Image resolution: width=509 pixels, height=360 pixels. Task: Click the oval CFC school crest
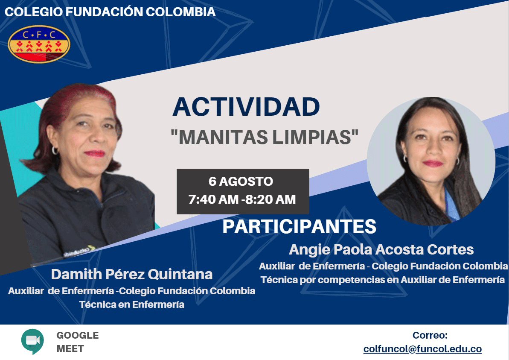(x=39, y=44)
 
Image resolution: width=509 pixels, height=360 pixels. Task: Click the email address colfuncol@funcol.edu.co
(x=422, y=349)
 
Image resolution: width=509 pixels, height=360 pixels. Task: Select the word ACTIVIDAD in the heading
(x=246, y=107)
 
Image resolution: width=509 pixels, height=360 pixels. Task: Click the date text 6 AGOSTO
(x=241, y=181)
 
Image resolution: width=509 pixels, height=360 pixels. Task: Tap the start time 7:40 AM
(x=213, y=199)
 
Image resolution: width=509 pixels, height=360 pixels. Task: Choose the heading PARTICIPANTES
(x=299, y=227)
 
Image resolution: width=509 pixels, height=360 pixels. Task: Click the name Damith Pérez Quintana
(x=132, y=275)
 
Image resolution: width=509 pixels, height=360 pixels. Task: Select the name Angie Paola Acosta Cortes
(x=381, y=249)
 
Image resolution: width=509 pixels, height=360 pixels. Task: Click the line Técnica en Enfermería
(x=132, y=304)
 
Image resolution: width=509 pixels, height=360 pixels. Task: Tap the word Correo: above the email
(x=430, y=335)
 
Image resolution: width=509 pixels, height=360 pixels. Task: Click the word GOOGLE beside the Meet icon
(x=78, y=335)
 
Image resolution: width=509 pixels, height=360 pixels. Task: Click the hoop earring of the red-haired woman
(x=55, y=150)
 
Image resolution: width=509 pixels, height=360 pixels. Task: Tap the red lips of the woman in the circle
(x=433, y=163)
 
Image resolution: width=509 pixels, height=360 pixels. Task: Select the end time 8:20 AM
(x=270, y=199)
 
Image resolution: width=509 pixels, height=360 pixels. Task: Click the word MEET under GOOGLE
(x=70, y=348)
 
